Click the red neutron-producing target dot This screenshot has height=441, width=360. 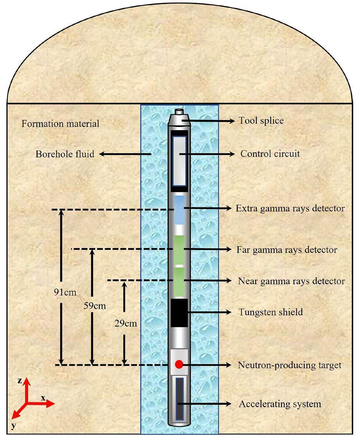point(179,364)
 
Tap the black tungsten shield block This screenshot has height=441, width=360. point(179,313)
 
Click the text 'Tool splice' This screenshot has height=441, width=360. point(261,121)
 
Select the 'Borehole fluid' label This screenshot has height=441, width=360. point(65,154)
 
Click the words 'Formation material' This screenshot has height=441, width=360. point(60,124)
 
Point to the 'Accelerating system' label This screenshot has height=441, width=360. point(280,404)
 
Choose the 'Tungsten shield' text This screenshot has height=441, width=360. point(270,312)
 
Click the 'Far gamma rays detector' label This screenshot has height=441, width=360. point(287,249)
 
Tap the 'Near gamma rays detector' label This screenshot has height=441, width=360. point(291,281)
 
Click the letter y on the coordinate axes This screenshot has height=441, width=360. point(14,426)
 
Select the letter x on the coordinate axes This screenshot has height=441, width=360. point(43,398)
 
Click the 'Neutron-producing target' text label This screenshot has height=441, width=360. point(289,365)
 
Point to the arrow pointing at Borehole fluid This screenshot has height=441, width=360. point(124,154)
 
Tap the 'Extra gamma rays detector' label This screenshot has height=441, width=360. point(290,208)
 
